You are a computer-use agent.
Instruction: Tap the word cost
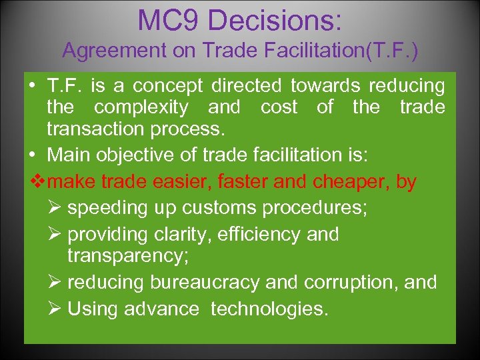(279, 107)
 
